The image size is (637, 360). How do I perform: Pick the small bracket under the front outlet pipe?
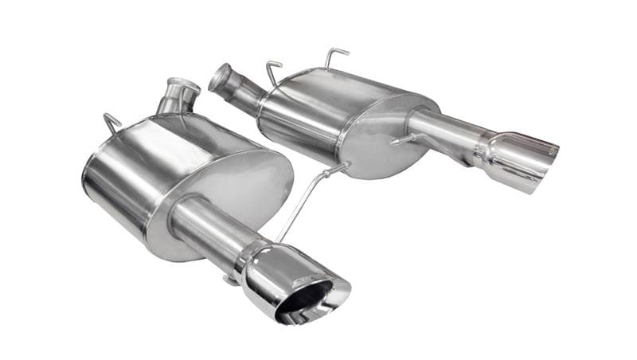tap(230, 278)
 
